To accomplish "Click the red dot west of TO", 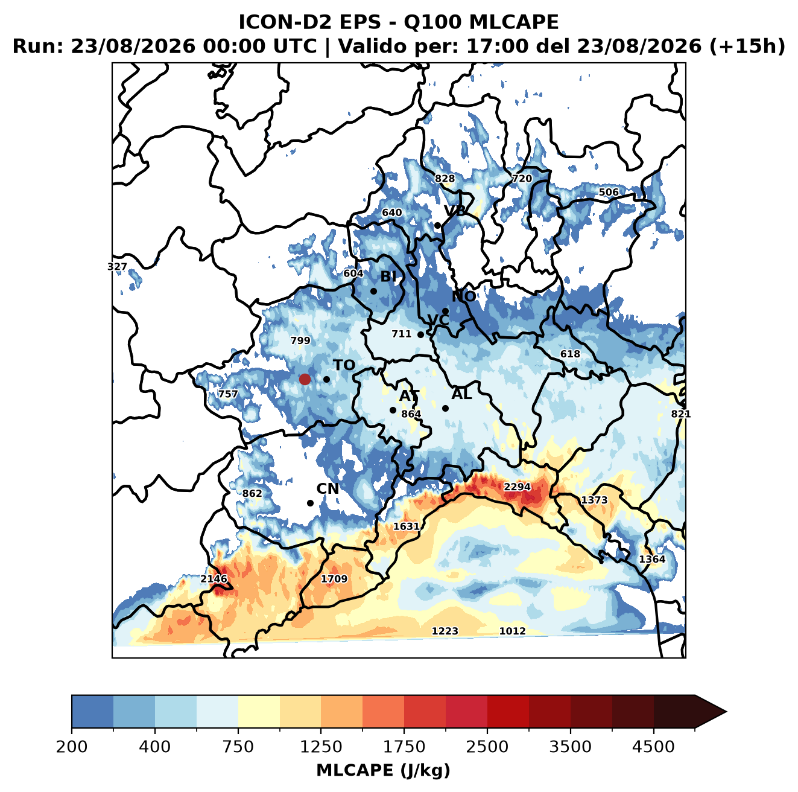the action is (305, 379).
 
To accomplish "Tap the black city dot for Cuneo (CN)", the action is (310, 503).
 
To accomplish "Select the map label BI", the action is (388, 276).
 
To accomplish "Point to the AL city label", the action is (461, 394).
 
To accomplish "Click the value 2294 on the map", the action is (517, 487).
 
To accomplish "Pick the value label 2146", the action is (214, 578).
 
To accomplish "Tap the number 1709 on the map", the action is (334, 578).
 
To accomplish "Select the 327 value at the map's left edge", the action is (117, 266).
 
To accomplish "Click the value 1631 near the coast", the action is (407, 526).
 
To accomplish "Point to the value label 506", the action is (609, 193).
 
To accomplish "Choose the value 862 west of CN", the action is (252, 493).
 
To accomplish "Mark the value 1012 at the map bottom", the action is (512, 631).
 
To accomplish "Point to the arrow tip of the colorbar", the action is (726, 712).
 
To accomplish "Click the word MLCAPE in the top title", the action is (513, 22).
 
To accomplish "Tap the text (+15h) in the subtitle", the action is (747, 46).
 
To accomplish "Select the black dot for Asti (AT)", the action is (393, 410).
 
